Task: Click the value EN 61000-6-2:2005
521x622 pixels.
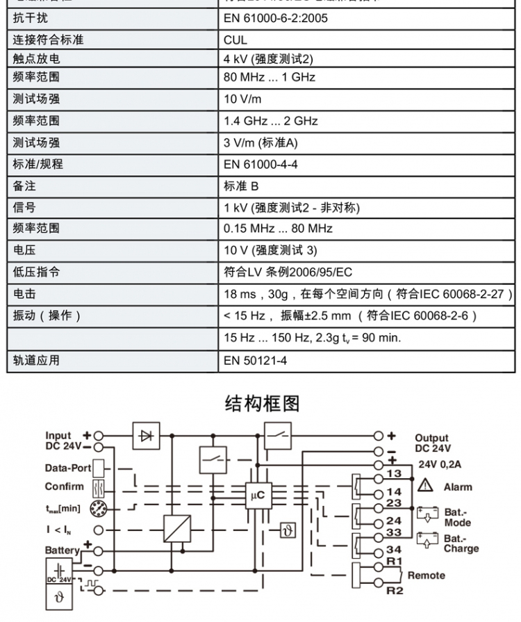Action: (x=275, y=18)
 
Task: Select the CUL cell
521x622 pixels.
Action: (x=235, y=40)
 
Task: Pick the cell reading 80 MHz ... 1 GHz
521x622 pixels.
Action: (x=269, y=77)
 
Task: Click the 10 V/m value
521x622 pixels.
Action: (x=242, y=99)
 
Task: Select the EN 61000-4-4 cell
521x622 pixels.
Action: (x=260, y=165)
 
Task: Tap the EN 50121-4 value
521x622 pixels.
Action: (x=255, y=360)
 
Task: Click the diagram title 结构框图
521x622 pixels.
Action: (x=262, y=403)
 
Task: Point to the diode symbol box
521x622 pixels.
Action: (x=147, y=436)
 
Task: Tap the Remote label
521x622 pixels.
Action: (x=426, y=575)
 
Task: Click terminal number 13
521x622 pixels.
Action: (x=394, y=473)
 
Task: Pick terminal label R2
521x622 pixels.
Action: (x=394, y=591)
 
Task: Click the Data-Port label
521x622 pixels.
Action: (x=68, y=468)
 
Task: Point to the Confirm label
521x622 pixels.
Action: (x=64, y=487)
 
